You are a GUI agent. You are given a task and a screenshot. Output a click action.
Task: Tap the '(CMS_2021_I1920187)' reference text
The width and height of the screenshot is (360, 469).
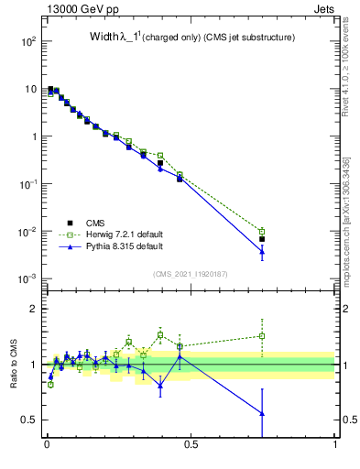pyautogui.click(x=191, y=274)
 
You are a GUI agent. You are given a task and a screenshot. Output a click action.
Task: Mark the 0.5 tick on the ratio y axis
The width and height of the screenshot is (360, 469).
pyautogui.click(x=30, y=420)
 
